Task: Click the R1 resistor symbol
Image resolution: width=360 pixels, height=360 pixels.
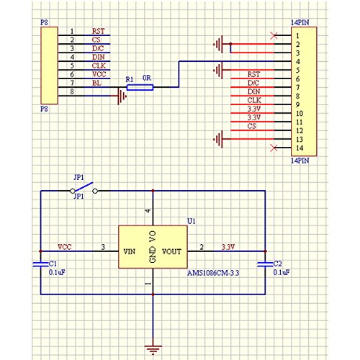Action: (x=140, y=88)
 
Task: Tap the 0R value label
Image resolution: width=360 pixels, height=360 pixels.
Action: (x=147, y=78)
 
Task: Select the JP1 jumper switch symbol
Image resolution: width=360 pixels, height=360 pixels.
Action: (x=84, y=189)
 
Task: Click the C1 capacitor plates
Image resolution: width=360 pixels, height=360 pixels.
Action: (x=40, y=264)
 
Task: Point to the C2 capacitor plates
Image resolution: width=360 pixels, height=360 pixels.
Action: (x=265, y=264)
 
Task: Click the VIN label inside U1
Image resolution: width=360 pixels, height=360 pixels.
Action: (x=130, y=251)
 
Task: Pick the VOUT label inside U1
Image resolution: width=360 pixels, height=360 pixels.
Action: (x=171, y=251)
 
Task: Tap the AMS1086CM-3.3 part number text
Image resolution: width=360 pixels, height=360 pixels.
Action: (x=213, y=273)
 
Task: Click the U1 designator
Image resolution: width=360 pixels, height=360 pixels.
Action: (x=192, y=221)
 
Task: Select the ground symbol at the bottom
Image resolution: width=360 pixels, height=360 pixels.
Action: (x=153, y=350)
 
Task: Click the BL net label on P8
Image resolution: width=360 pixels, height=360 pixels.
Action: (x=96, y=83)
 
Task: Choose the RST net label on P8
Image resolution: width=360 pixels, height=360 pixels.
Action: (x=99, y=31)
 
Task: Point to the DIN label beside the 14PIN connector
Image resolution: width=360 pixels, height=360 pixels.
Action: (x=254, y=91)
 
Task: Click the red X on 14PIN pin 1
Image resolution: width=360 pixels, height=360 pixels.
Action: (x=274, y=35)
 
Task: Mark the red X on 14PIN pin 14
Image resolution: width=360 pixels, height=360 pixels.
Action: (x=274, y=148)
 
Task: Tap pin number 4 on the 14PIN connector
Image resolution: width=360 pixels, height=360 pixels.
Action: (x=297, y=62)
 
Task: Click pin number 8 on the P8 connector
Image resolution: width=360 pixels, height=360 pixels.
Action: (x=72, y=91)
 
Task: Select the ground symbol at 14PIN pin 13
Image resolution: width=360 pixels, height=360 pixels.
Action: (x=218, y=139)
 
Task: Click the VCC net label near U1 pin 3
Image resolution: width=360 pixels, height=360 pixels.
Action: (x=65, y=247)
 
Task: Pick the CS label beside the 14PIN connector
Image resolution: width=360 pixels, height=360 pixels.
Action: (x=251, y=126)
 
